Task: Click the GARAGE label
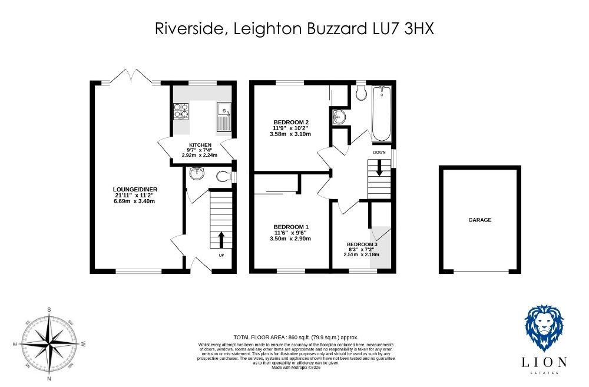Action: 479,220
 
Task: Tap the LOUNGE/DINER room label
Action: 135,189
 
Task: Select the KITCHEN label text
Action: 200,145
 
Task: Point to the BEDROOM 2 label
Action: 291,123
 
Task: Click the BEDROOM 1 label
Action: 291,227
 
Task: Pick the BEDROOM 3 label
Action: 362,244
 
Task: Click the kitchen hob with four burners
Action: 181,111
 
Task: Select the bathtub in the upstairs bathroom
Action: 382,114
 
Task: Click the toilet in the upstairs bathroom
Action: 361,92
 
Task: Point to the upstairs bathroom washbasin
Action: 339,117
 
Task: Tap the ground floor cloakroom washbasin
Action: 197,173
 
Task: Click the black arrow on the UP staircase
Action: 221,240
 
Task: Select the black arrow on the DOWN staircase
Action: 379,168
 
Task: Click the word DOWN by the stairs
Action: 379,153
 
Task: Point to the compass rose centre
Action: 49,343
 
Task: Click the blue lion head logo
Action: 544,328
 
